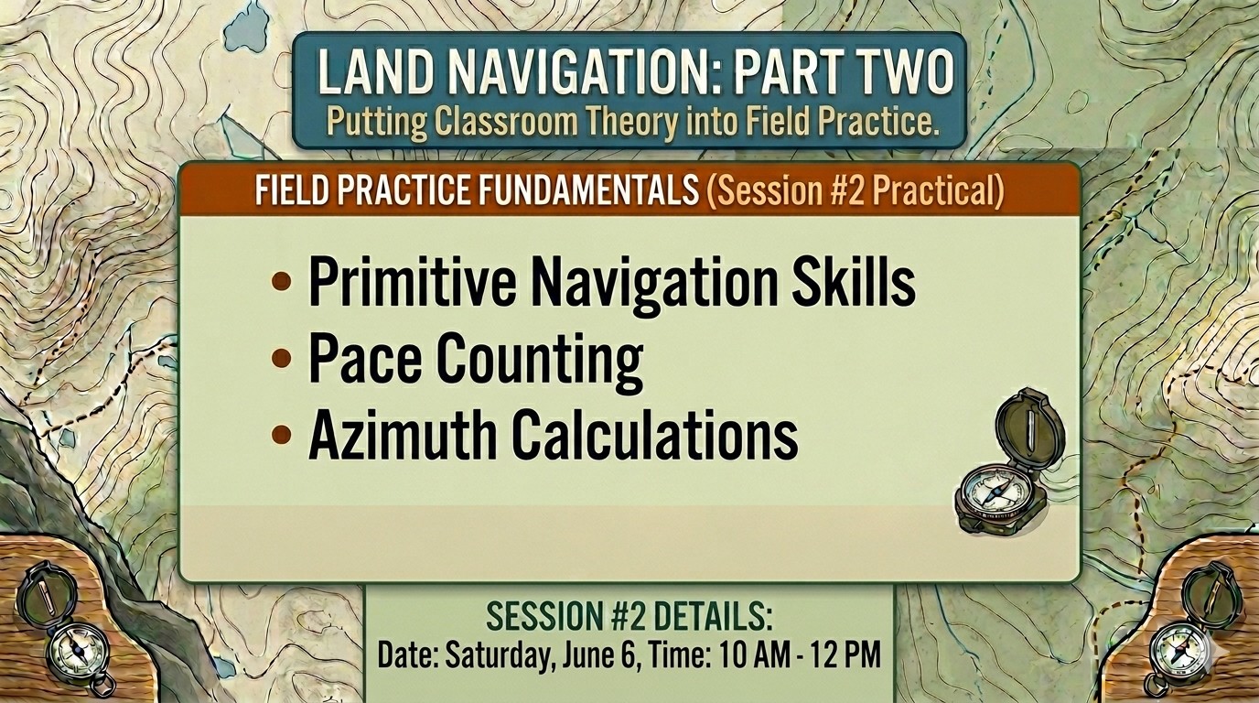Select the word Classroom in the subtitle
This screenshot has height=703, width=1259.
(x=505, y=122)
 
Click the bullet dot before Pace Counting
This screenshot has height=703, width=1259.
(x=281, y=358)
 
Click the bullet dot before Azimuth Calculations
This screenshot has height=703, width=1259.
(x=281, y=434)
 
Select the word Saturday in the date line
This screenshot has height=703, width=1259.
(x=496, y=655)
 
